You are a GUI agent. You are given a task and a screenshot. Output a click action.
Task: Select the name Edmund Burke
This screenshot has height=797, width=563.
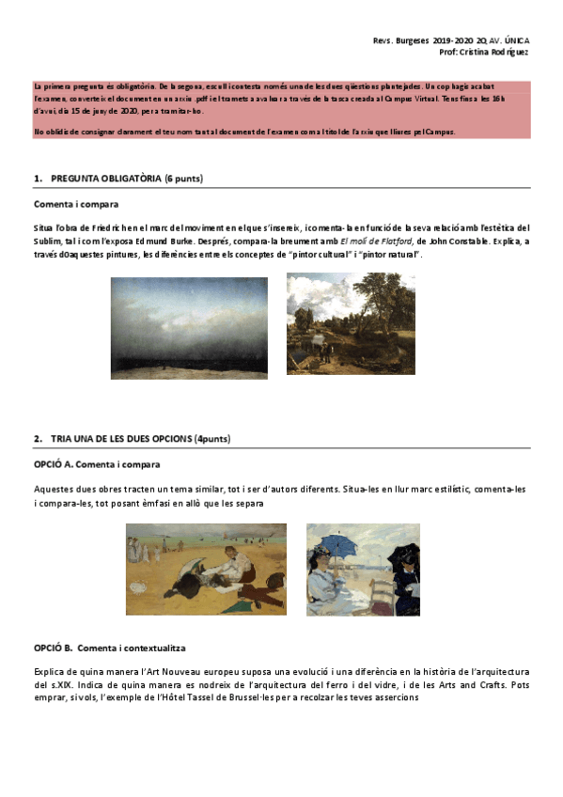pyautogui.click(x=156, y=241)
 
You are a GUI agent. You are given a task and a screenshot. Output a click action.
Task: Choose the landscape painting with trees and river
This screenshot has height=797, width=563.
pyautogui.click(x=351, y=323)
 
